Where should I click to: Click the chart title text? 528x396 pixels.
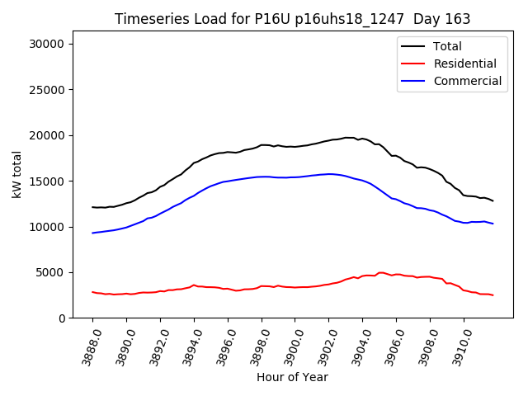coord(293,19)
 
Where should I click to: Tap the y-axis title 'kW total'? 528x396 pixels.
coord(17,175)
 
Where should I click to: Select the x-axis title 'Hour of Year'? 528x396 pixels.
coord(292,377)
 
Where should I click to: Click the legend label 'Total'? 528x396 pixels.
coord(447,46)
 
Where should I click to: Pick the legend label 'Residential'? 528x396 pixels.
coord(464,64)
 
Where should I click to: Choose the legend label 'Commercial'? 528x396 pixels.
coord(467,81)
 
